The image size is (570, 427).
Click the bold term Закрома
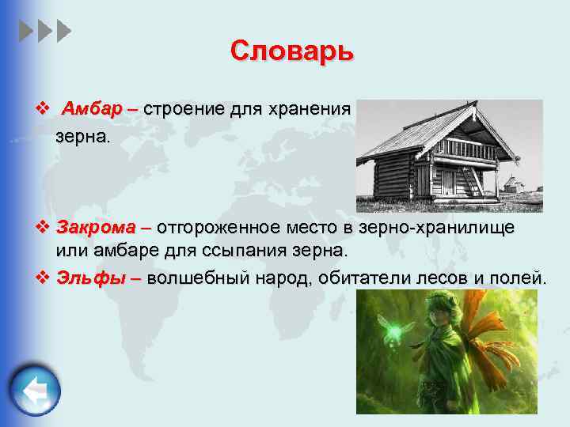(x=96, y=229)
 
